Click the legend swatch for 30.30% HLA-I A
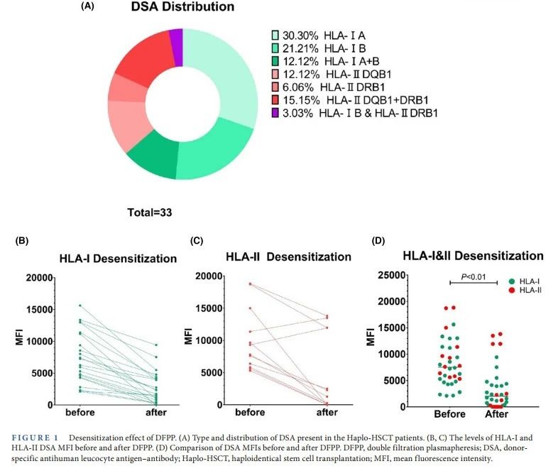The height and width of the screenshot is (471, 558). (276, 35)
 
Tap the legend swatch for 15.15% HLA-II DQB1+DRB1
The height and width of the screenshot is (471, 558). (276, 99)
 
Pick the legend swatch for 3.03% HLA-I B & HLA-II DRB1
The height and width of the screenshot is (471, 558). (276, 112)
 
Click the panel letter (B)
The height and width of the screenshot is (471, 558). (22, 240)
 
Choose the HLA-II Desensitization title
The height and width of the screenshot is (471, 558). (289, 256)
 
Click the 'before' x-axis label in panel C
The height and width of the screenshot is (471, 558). (248, 413)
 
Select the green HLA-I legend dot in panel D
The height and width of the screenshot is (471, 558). (513, 281)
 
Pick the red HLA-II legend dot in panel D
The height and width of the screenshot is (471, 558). (513, 290)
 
